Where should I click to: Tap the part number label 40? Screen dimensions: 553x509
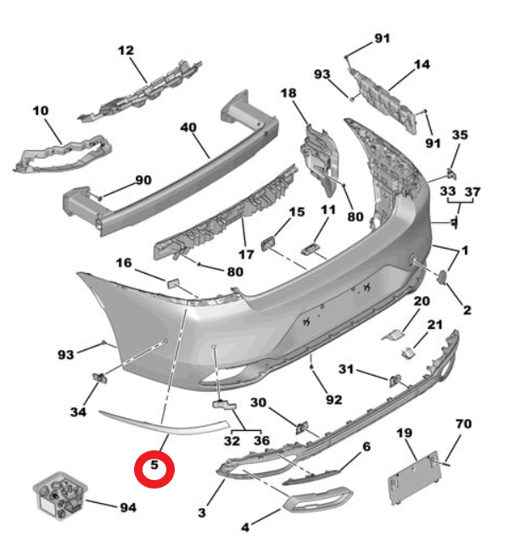(x=188, y=128)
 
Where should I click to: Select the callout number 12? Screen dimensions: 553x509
(x=126, y=51)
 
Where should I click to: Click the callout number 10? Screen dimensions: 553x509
(x=41, y=110)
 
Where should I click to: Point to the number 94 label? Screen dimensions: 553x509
(x=127, y=507)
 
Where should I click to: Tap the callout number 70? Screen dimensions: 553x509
(x=463, y=422)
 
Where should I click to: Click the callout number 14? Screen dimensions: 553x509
(x=422, y=64)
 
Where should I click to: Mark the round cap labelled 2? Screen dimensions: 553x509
(x=443, y=276)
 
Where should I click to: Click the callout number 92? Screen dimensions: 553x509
(x=333, y=399)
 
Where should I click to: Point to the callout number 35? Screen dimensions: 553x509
(x=459, y=135)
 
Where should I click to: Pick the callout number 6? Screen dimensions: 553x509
(x=366, y=446)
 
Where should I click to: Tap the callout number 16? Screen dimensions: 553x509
(x=124, y=263)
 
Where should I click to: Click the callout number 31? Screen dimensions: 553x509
(x=346, y=369)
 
